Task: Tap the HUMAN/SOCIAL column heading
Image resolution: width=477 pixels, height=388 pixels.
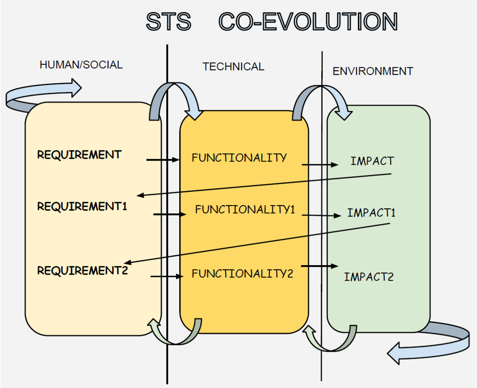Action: click(81, 65)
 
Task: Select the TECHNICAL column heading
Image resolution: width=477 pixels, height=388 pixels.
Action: click(233, 67)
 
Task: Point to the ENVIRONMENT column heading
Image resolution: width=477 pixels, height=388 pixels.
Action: click(373, 71)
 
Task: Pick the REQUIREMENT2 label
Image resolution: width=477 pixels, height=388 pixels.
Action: click(82, 269)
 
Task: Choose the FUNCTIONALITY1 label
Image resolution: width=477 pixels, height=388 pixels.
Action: click(245, 209)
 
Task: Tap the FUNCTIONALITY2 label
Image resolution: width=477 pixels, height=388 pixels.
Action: click(242, 274)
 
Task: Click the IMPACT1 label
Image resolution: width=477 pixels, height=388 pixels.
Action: click(371, 213)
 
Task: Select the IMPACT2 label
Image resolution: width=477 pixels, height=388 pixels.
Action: click(369, 277)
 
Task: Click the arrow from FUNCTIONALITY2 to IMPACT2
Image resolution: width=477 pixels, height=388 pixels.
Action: click(320, 266)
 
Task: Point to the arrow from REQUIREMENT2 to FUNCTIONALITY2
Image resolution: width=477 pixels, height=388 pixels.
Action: click(165, 276)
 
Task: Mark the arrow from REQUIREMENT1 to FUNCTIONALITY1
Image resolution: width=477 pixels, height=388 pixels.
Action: click(170, 214)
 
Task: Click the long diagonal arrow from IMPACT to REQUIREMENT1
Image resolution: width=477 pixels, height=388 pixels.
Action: click(263, 185)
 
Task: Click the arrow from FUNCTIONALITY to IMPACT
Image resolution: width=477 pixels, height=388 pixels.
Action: click(320, 165)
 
